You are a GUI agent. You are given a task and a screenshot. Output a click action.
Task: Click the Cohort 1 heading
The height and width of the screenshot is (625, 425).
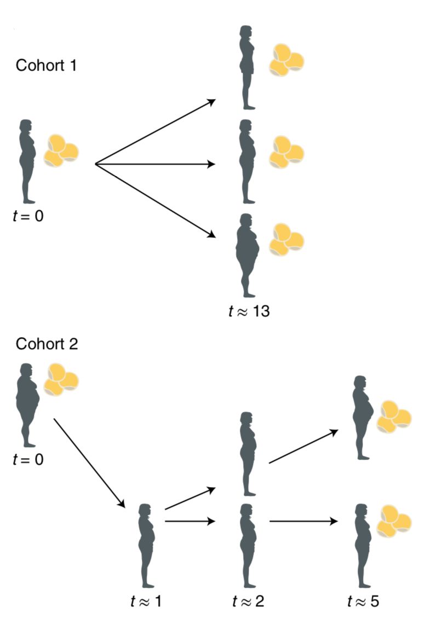46,65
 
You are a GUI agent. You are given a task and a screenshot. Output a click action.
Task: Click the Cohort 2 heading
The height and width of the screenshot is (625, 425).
47,344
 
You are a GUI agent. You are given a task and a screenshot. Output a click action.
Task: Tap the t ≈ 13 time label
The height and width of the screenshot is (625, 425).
249,311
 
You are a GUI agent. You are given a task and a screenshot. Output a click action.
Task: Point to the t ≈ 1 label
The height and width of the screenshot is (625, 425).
146,601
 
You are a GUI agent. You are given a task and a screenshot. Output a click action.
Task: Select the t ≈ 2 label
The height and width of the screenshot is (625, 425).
248,601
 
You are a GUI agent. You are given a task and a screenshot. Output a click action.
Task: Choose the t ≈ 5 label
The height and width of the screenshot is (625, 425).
363,601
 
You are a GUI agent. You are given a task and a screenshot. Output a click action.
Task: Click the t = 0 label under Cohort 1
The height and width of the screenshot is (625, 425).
28,216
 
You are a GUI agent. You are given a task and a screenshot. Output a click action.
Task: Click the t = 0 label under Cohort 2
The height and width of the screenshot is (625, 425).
28,459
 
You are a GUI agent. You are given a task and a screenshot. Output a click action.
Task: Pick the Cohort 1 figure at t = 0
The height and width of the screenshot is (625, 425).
27,161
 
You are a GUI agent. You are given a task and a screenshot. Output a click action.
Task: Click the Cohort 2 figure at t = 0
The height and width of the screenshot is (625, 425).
27,405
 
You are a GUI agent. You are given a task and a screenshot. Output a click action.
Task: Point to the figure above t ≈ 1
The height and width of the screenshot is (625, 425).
146,546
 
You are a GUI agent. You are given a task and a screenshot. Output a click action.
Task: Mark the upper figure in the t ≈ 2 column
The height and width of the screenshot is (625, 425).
248,454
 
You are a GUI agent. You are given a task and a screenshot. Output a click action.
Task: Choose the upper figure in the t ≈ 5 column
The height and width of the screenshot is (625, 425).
363,418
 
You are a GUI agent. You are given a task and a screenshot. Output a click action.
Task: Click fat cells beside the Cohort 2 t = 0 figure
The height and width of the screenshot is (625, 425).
61,379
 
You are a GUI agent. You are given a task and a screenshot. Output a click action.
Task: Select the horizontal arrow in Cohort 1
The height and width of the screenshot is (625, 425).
156,164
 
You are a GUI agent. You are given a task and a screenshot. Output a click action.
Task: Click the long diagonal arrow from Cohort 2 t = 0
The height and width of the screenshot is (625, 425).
89,463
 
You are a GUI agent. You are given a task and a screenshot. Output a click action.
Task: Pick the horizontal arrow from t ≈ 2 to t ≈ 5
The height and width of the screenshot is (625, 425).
303,521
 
